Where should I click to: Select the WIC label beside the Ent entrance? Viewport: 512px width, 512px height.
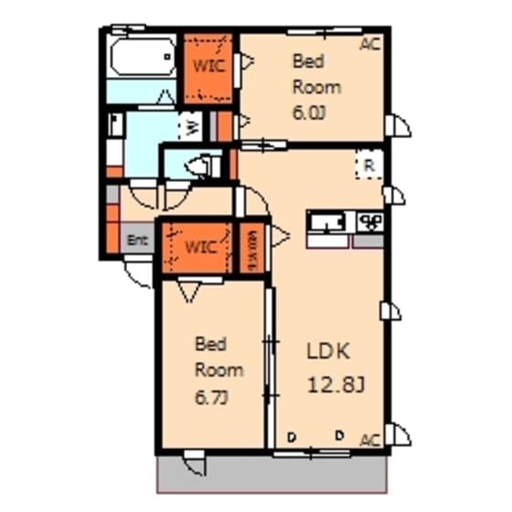(x=200, y=247)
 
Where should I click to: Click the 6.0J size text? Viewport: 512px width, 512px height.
(x=304, y=113)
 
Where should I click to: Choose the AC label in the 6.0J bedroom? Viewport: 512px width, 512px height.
(x=368, y=43)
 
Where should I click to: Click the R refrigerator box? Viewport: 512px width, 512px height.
(x=368, y=166)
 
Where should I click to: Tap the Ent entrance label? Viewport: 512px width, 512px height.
(x=137, y=241)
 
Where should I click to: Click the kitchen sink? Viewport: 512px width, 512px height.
(x=326, y=223)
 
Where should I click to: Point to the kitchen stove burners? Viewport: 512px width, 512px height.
(x=369, y=221)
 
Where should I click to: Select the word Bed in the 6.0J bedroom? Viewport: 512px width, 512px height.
(x=304, y=62)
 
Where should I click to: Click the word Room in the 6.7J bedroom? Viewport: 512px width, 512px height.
(x=219, y=370)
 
